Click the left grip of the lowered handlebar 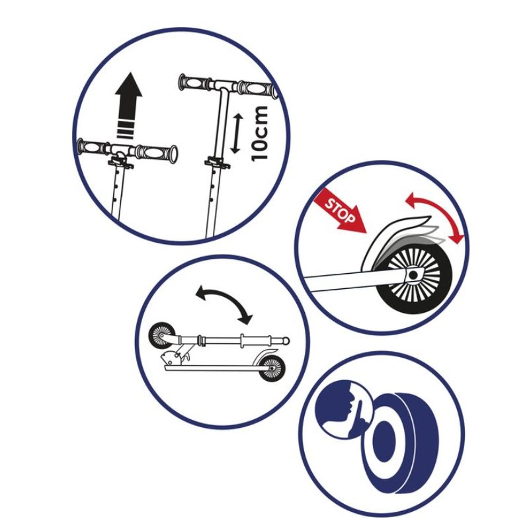click(93, 146)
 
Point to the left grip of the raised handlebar click(194, 83)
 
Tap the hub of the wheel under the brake click(413, 273)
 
